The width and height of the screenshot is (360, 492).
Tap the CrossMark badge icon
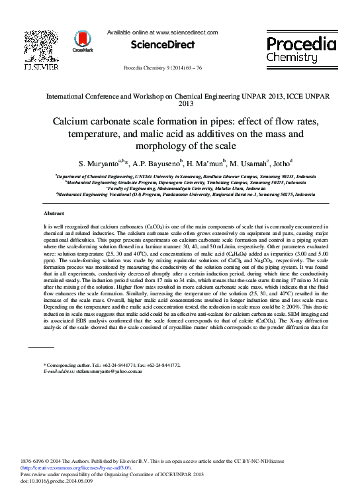point(82,41)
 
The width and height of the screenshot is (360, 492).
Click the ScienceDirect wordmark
point(162,45)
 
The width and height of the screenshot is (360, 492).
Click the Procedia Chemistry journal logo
point(301,50)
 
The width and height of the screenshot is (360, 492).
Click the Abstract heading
point(54,213)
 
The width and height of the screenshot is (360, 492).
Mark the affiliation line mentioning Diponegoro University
point(179,183)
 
